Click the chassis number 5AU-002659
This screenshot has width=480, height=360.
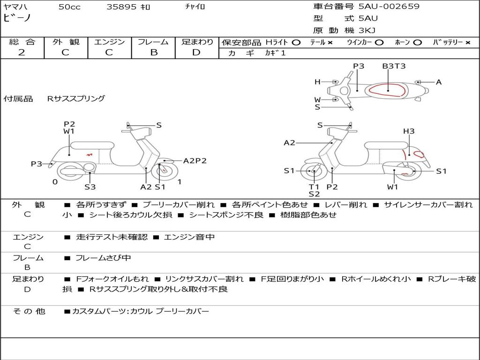(389, 7)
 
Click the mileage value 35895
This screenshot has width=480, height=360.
(121, 7)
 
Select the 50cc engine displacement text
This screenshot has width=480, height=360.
(69, 7)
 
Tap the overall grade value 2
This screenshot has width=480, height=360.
(22, 52)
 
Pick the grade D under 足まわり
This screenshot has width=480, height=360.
(196, 52)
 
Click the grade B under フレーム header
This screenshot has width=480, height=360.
(153, 52)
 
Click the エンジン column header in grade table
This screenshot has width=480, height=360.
(109, 42)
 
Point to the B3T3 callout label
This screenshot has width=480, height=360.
(394, 66)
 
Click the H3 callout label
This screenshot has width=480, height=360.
(409, 131)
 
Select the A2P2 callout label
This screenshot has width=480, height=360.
(195, 161)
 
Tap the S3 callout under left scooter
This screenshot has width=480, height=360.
(90, 187)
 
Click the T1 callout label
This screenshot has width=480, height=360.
(314, 187)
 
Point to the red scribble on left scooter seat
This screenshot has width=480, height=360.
(89, 154)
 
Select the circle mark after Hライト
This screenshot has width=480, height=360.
(296, 42)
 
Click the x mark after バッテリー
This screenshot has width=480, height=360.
(468, 42)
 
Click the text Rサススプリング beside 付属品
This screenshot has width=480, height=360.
(76, 99)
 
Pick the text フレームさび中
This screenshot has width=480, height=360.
(103, 258)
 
